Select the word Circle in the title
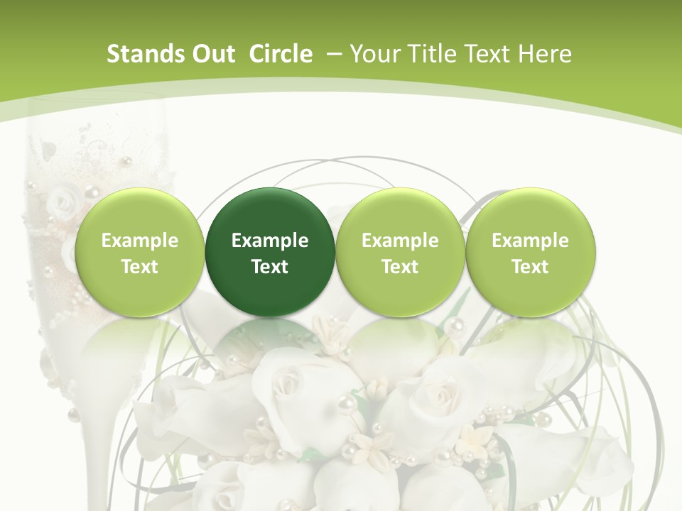(281, 54)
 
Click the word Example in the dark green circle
(269, 241)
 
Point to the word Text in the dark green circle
(269, 267)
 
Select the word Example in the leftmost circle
(139, 241)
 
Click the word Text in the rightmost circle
(530, 267)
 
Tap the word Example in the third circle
(400, 241)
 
